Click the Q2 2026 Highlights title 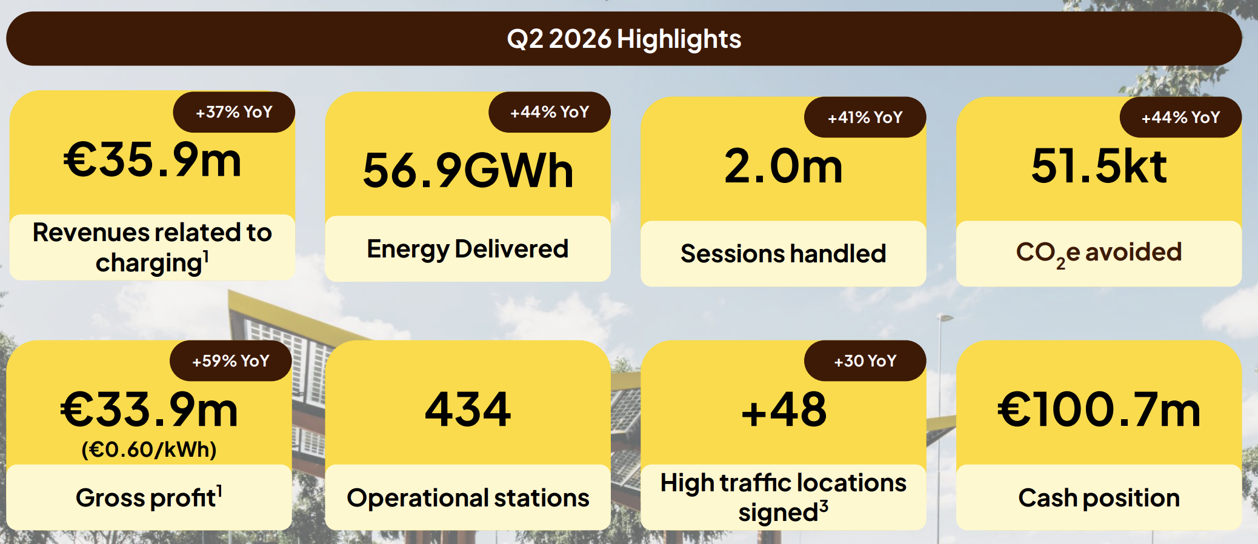coord(624,39)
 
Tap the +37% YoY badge coord(234,112)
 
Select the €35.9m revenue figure coord(153,160)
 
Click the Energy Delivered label coord(468,249)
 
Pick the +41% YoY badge coord(865,117)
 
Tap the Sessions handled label coord(784,253)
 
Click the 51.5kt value coord(1099,165)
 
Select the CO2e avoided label coord(1099,253)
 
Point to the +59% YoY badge coord(231,361)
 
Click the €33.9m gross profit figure coord(149,410)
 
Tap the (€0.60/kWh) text coord(149,449)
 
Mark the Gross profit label coord(149,497)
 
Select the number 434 coord(468,410)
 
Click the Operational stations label coord(468,498)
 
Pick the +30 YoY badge coord(865,361)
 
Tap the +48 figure coord(784,410)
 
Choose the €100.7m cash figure coord(1099,410)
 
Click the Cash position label coord(1099,498)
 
